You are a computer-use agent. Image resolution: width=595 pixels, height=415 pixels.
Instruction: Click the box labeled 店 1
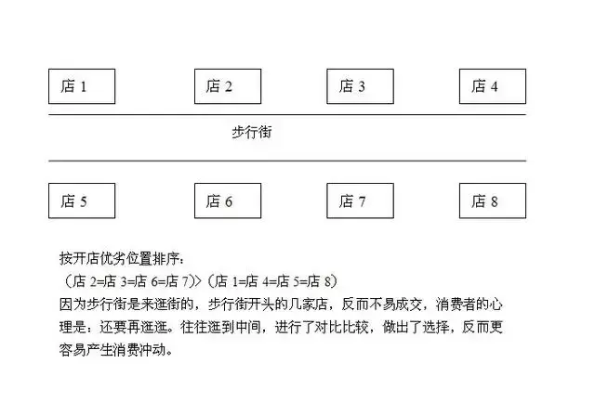[x=82, y=86]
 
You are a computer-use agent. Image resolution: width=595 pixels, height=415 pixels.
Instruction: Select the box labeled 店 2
[x=228, y=86]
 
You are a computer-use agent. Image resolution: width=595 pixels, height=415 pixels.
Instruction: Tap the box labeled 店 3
[x=360, y=86]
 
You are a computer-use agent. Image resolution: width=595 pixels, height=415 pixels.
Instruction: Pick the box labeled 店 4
[x=493, y=86]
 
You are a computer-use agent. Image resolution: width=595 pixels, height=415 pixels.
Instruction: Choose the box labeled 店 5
[x=82, y=201]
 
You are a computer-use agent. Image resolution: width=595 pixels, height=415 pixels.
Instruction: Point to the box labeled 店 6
[x=228, y=201]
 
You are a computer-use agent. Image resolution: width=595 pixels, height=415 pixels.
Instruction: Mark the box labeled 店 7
[x=360, y=201]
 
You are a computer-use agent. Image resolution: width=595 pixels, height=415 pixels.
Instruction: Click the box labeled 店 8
[x=493, y=201]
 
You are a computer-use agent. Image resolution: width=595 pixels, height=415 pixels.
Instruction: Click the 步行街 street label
[x=252, y=132]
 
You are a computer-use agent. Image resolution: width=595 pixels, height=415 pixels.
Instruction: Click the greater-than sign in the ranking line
[x=198, y=281]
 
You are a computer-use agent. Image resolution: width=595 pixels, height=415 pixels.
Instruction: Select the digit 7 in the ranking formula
[x=185, y=281]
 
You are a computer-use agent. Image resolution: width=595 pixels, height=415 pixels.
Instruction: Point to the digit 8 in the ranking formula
[x=328, y=281]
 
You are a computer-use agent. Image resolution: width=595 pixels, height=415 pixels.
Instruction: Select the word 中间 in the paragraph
[x=248, y=327]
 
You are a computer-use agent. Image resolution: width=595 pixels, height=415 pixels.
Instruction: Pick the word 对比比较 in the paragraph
[x=342, y=327]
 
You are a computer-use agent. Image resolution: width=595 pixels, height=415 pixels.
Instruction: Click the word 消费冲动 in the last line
[x=139, y=350]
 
